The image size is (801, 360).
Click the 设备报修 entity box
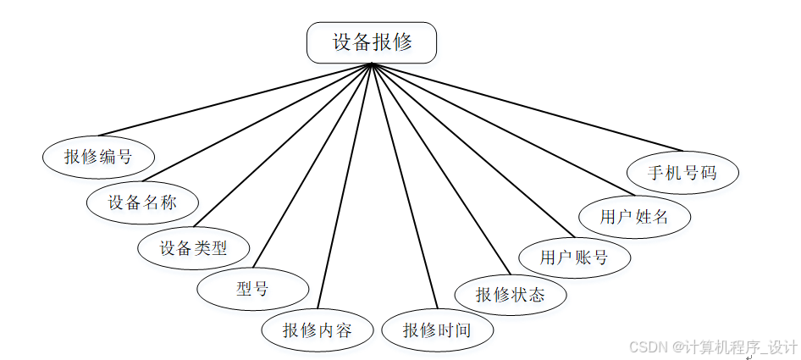click(372, 42)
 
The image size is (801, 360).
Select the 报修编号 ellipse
click(98, 156)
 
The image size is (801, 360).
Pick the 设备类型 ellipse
click(194, 248)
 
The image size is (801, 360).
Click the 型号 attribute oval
click(251, 288)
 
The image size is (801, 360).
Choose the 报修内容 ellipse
click(318, 330)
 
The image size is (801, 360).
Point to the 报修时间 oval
click(437, 330)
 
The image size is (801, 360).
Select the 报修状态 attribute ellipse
click(511, 295)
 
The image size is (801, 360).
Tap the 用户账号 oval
click(574, 258)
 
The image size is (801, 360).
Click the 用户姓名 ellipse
click(634, 217)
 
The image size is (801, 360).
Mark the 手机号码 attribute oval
click(682, 173)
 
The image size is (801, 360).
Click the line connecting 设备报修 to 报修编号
click(235, 99)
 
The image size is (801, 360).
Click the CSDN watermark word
click(648, 347)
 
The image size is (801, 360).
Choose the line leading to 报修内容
click(345, 186)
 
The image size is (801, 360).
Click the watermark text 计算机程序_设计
click(740, 347)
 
